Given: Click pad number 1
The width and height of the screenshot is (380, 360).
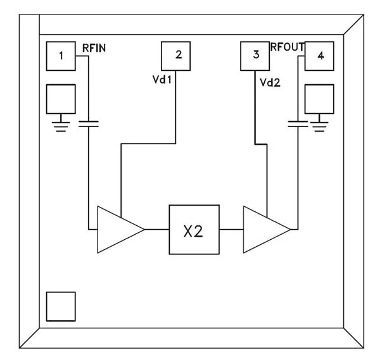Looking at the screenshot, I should [61, 56].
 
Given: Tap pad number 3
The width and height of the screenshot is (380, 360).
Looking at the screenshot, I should [256, 56].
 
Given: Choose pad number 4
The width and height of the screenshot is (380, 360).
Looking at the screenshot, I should [320, 56].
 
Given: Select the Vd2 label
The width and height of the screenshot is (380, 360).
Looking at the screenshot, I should [271, 82].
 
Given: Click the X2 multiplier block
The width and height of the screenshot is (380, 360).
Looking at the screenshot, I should [193, 228].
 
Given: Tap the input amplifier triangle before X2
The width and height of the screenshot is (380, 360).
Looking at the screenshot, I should [117, 228].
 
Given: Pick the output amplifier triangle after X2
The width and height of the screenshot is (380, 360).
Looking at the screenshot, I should [264, 228].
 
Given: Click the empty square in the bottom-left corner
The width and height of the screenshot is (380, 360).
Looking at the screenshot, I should [61, 306].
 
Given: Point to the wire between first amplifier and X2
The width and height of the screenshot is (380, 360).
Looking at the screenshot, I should [156, 228].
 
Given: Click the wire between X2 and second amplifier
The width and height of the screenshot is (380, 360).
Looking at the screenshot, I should [231, 228].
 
